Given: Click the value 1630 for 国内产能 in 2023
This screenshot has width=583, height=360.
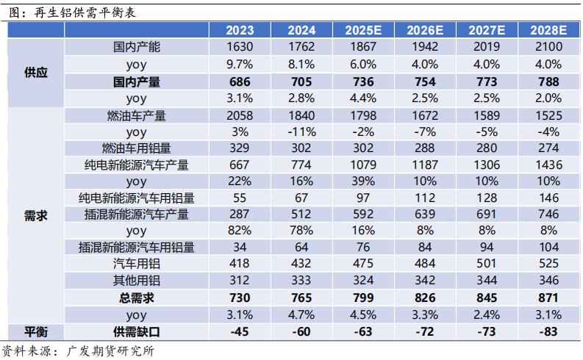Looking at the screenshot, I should click(x=240, y=47).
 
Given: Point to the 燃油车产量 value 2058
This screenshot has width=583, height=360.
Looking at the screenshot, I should click(x=240, y=115).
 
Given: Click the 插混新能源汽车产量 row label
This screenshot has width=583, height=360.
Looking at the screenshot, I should click(x=137, y=215).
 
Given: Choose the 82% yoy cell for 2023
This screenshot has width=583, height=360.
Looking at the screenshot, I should click(x=240, y=231).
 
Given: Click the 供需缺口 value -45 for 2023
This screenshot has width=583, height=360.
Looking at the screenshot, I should click(x=240, y=331).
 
